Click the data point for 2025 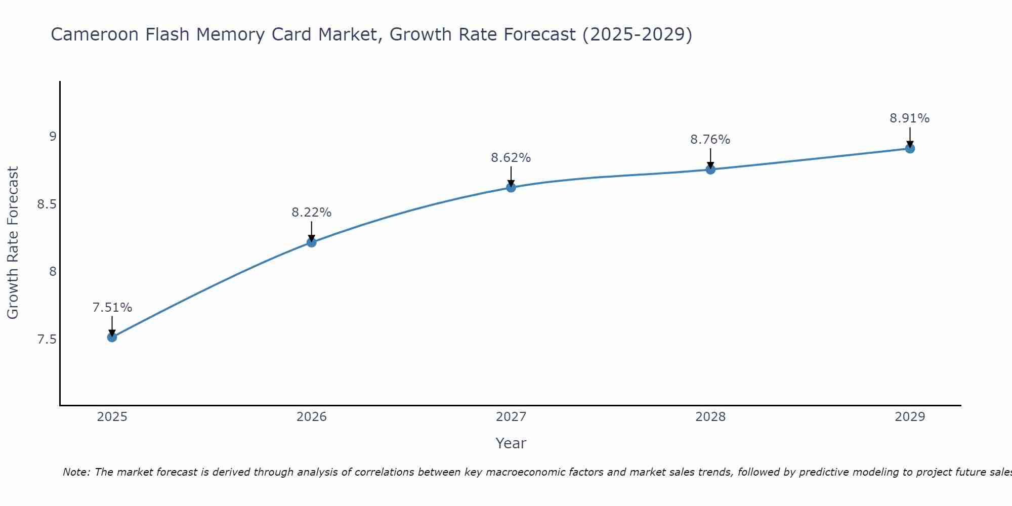coord(112,337)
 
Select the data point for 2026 coord(312,242)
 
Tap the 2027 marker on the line coord(511,188)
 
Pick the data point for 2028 coord(710,170)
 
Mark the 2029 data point coord(910,149)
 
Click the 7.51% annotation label coord(112,308)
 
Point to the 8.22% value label coord(312,213)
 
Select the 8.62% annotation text coord(511,158)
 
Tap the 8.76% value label coord(710,140)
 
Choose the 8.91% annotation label coord(910,118)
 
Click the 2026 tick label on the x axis coord(312,417)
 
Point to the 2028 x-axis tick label coord(710,417)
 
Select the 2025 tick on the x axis coord(112,417)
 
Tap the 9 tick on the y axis coord(53,137)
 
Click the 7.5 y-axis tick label coord(47,340)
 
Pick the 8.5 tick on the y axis coord(47,204)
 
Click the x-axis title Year coord(511,443)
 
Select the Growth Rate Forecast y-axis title coord(13,243)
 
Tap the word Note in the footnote coord(76,472)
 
